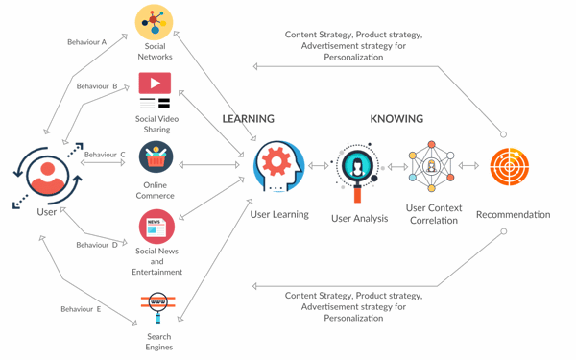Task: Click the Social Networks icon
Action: coord(154,22)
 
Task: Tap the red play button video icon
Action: coord(155,83)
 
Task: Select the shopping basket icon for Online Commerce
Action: coord(156,157)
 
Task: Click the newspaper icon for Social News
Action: coord(156,227)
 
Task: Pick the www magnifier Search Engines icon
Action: coord(158,307)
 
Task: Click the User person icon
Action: coord(48,176)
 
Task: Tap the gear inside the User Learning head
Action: coord(276,161)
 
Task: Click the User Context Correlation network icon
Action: coord(432,166)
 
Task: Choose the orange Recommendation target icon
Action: coord(509,166)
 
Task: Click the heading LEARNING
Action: coord(249,119)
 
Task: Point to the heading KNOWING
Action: coord(396,119)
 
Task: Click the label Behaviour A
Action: coord(87,42)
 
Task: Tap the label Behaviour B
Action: coord(97,86)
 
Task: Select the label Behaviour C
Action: coord(105,155)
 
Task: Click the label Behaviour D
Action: coord(97,245)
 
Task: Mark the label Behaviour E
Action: coord(81,309)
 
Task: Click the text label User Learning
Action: coord(279,214)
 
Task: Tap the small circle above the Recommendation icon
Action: coord(504,134)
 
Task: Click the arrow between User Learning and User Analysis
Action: coord(318,166)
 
